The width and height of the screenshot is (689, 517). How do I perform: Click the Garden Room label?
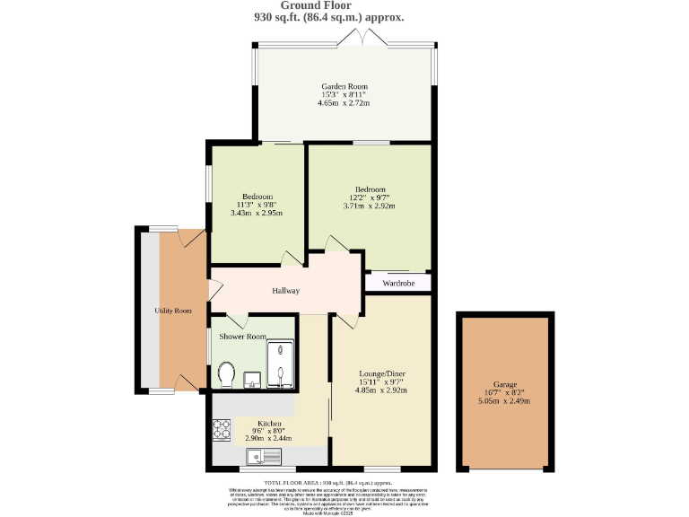(344, 85)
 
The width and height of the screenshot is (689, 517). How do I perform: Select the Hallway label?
(286, 291)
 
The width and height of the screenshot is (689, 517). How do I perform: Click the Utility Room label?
(173, 311)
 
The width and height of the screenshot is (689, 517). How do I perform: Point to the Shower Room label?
(244, 337)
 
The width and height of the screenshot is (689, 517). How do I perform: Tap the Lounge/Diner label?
(381, 372)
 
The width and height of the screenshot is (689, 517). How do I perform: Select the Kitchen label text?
(270, 423)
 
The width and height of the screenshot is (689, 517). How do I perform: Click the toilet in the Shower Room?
(227, 373)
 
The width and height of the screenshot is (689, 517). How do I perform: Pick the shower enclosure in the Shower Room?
(281, 364)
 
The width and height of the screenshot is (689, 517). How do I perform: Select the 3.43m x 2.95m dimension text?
(257, 213)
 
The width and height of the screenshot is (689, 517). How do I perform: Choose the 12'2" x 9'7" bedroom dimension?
(370, 197)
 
